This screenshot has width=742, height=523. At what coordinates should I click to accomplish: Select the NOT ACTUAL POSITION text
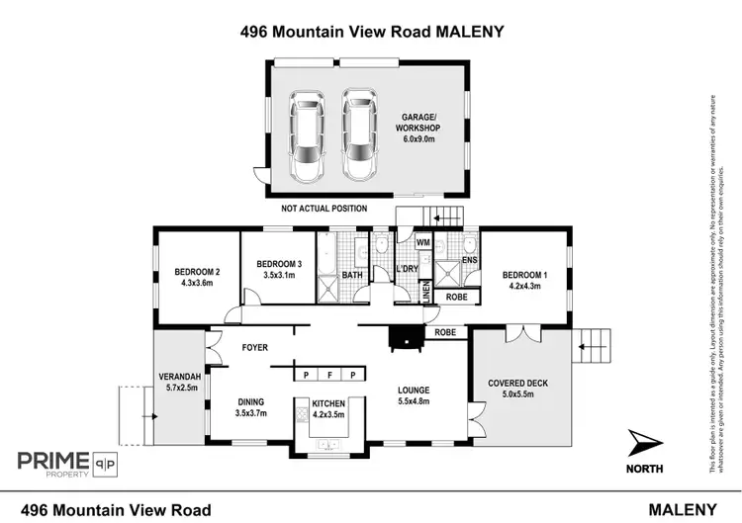(324, 209)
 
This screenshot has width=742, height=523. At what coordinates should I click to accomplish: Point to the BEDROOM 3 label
(278, 264)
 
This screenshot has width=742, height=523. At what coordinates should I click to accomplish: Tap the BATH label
(352, 277)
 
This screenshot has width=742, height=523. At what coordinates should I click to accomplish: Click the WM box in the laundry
(421, 242)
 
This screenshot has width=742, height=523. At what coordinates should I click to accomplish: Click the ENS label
(469, 261)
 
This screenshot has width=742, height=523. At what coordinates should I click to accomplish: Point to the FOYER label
(256, 348)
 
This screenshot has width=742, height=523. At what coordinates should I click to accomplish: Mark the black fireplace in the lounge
(404, 339)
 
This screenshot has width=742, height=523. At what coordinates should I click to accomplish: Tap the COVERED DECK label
(517, 384)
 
